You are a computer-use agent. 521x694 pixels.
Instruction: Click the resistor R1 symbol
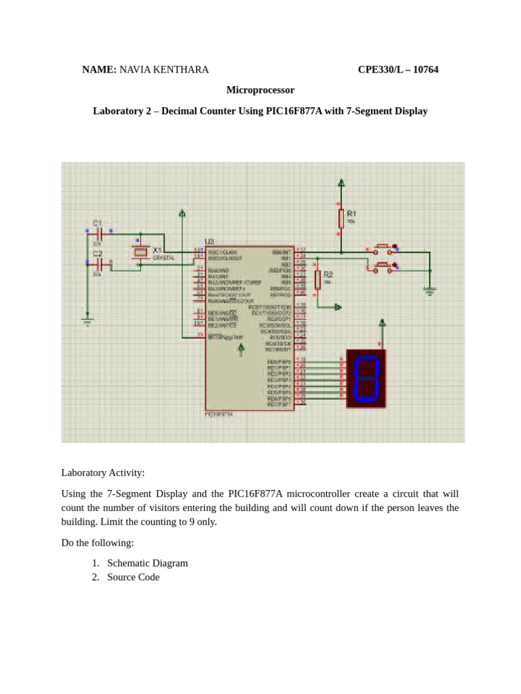pyautogui.click(x=341, y=218)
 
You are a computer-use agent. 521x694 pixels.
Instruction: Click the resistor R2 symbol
pyautogui.click(x=317, y=280)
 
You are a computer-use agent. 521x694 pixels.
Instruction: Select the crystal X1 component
pyautogui.click(x=140, y=252)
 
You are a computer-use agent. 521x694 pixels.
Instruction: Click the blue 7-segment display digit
pyautogui.click(x=366, y=378)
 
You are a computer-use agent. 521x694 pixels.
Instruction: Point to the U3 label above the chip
pyautogui.click(x=209, y=242)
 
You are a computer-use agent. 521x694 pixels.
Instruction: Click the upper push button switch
pyautogui.click(x=383, y=247)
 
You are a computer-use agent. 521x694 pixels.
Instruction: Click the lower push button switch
pyautogui.click(x=383, y=266)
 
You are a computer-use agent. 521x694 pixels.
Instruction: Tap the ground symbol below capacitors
pyautogui.click(x=87, y=321)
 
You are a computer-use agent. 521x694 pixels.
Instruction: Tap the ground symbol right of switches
pyautogui.click(x=429, y=289)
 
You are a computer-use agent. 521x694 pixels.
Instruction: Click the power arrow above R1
pyautogui.click(x=341, y=182)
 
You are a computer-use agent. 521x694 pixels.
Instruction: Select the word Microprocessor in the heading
pyautogui.click(x=260, y=89)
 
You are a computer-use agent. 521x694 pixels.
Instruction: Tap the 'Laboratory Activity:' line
pyautogui.click(x=103, y=472)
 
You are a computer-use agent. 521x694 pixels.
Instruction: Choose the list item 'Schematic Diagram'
pyautogui.click(x=147, y=563)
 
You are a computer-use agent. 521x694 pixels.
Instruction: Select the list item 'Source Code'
pyautogui.click(x=133, y=577)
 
